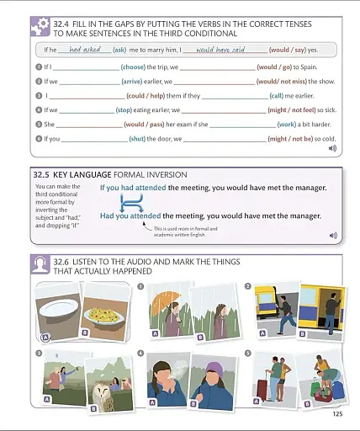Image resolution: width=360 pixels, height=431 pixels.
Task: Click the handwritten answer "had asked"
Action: [x=85, y=50]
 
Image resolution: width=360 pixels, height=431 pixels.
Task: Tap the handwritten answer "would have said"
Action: [x=221, y=50]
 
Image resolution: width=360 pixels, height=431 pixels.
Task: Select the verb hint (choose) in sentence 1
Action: [x=133, y=66]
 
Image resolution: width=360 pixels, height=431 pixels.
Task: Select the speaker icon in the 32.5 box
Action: [x=333, y=235]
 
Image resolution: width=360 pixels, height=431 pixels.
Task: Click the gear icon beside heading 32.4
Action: [x=40, y=26]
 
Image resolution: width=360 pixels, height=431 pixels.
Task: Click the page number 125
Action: [x=336, y=413]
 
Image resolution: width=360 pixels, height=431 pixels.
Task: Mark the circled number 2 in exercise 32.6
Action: [x=247, y=285]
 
